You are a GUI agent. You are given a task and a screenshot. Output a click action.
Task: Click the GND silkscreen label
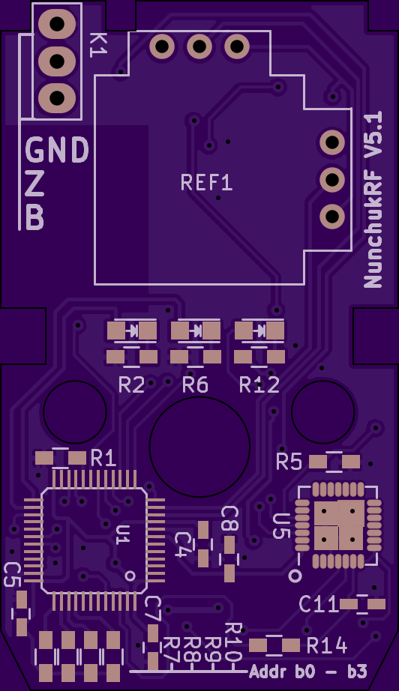coord(57,150)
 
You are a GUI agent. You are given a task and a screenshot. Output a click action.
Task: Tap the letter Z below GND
coord(34,184)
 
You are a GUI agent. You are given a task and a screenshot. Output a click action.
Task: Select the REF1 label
coord(207,182)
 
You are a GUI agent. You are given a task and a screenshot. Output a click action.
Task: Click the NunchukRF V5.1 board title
coord(373,199)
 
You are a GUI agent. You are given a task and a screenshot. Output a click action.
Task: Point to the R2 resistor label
coord(132,385)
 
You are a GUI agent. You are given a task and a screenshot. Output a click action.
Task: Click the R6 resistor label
coord(195,385)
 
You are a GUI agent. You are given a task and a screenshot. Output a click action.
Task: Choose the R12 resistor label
coord(259,385)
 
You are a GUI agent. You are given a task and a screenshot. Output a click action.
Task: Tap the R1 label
coord(103,459)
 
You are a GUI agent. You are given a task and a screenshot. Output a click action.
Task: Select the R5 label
coord(289,462)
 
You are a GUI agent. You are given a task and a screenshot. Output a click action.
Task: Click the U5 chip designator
coord(280,526)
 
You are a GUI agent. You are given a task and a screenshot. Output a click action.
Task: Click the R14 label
coord(327,646)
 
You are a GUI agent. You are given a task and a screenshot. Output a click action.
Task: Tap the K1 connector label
coord(98,45)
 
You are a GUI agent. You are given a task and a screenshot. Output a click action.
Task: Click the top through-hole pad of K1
coord(57,24)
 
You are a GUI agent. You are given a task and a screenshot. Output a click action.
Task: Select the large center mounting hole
coord(199,447)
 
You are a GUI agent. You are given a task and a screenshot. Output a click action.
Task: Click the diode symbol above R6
coord(196,329)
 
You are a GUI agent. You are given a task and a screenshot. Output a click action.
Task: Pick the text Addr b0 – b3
coord(308,672)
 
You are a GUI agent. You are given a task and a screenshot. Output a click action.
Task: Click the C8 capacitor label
coord(229,519)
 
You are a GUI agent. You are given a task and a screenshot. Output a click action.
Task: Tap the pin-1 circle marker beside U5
coord(295,576)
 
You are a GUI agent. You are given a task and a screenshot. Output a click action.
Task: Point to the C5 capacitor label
coord(12,575)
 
